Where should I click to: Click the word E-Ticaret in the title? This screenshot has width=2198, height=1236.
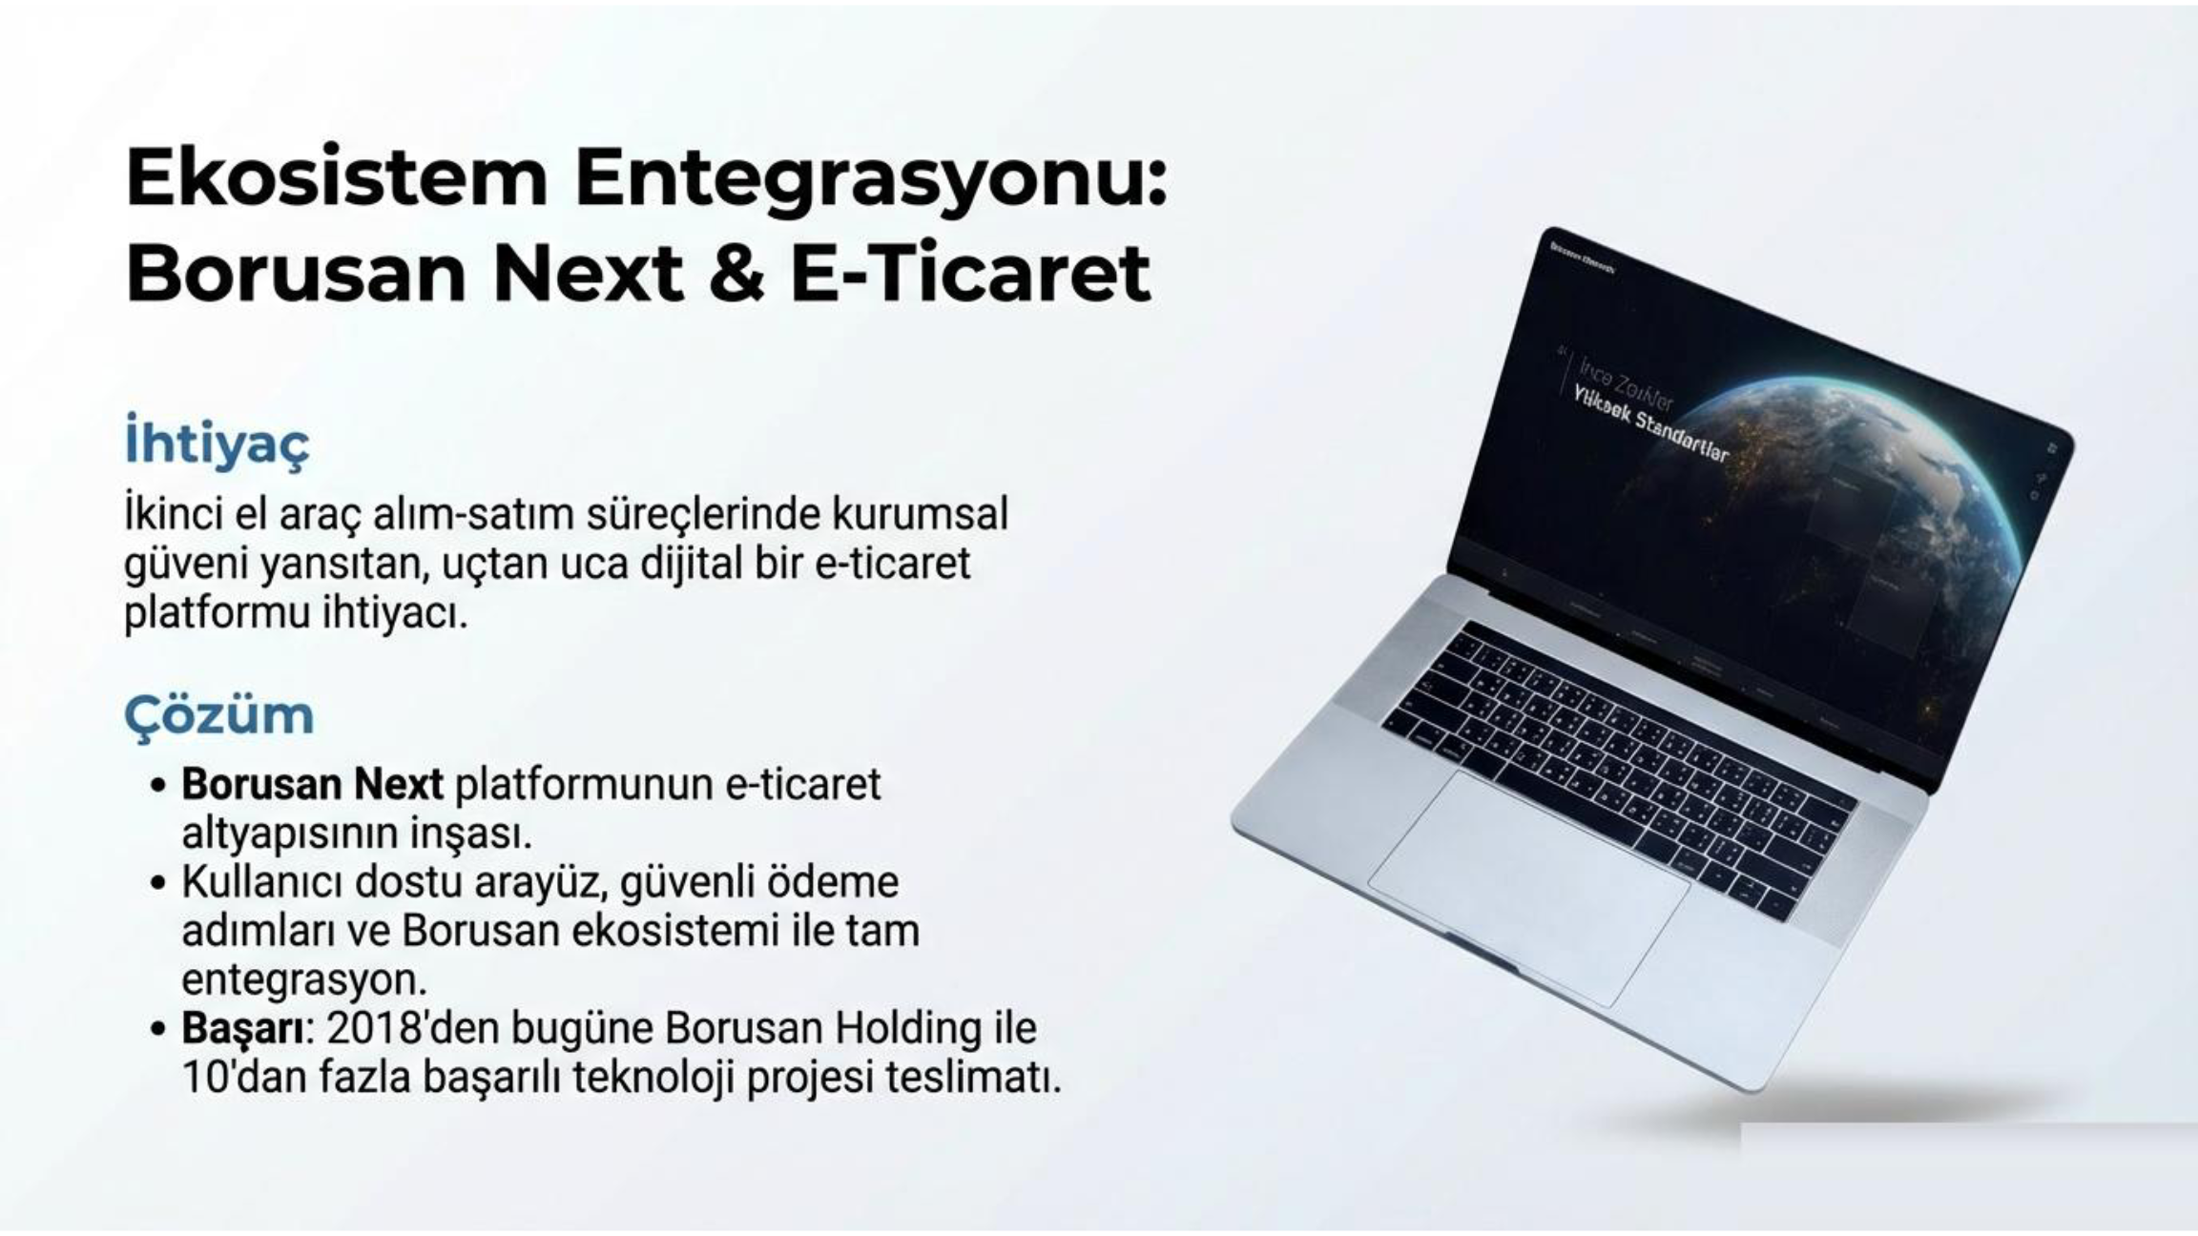(970, 275)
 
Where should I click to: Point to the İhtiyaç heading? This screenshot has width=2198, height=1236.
(218, 443)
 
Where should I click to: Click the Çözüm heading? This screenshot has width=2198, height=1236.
(218, 715)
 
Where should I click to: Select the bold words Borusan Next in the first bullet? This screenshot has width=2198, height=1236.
(312, 784)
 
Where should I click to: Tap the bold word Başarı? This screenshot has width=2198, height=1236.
(244, 1028)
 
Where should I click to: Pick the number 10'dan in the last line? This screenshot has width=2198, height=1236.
(244, 1078)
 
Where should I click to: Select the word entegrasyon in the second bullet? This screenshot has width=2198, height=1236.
(303, 979)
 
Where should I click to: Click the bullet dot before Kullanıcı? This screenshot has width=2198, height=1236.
(159, 883)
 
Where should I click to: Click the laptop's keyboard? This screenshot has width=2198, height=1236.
(1622, 763)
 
